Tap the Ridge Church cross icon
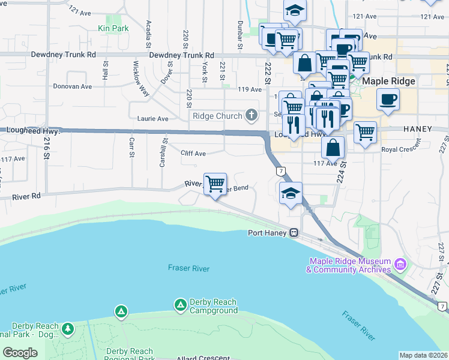pyautogui.click(x=252, y=115)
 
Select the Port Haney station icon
pyautogui.click(x=294, y=233)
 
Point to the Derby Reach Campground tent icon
pyautogui.click(x=180, y=305)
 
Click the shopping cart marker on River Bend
pyautogui.click(x=215, y=183)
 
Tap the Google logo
pyautogui.click(x=20, y=353)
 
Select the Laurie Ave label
pyautogui.click(x=153, y=119)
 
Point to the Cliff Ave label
pyautogui.click(x=193, y=154)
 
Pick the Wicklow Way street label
pyautogui.click(x=140, y=78)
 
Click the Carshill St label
pyautogui.click(x=163, y=153)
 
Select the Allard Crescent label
pyautogui.click(x=204, y=358)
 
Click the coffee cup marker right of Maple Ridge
pyautogui.click(x=388, y=98)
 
